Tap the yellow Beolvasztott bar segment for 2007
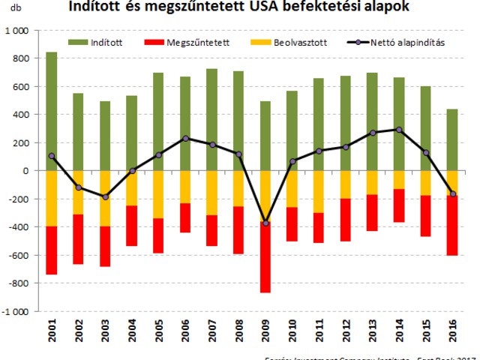(x=212, y=193)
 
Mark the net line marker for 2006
(x=185, y=138)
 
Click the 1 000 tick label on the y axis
(x=17, y=31)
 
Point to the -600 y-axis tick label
(x=19, y=255)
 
